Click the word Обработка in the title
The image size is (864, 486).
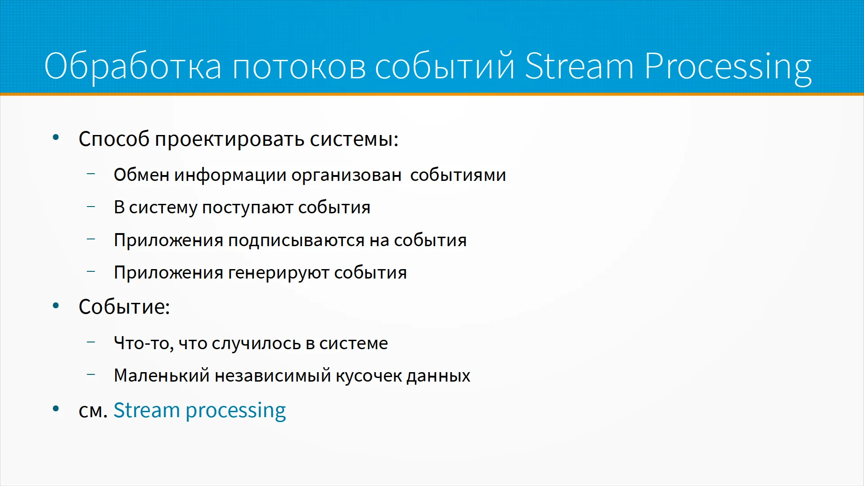[x=133, y=66]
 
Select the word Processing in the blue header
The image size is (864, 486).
[x=728, y=67]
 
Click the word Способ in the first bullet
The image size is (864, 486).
[x=114, y=139]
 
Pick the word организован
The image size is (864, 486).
[x=346, y=175]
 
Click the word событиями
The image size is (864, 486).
[x=458, y=175]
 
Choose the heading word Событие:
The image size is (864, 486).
[x=124, y=307]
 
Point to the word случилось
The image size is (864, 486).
[x=256, y=344]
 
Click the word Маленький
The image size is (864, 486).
[x=162, y=375]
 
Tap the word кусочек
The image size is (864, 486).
[x=369, y=376]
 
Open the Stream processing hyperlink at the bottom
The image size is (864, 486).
[x=199, y=411]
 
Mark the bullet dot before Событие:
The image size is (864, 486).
[x=56, y=306]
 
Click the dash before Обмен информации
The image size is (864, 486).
[x=91, y=173]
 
